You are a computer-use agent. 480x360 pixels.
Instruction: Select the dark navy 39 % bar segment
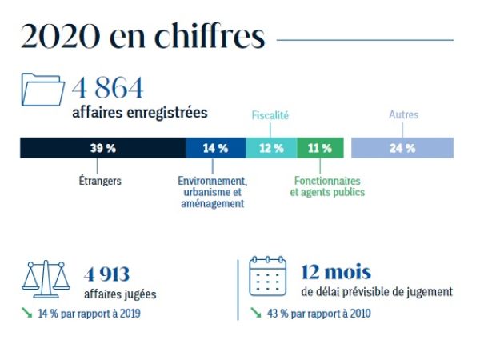102,148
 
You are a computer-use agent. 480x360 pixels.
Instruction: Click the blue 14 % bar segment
215,148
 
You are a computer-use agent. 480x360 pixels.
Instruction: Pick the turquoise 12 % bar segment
271,148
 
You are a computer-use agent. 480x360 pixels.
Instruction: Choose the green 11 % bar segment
320,148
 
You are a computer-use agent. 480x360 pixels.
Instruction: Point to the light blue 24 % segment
402,148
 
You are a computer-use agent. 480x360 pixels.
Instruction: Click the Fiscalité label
270,116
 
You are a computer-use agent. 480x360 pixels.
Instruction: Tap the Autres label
403,115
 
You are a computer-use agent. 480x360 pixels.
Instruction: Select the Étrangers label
101,181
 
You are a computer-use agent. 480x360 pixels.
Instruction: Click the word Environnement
212,181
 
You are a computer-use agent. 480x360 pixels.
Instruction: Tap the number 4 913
107,274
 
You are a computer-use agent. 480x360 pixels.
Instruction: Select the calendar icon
268,277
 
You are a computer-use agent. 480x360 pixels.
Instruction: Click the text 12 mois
336,273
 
